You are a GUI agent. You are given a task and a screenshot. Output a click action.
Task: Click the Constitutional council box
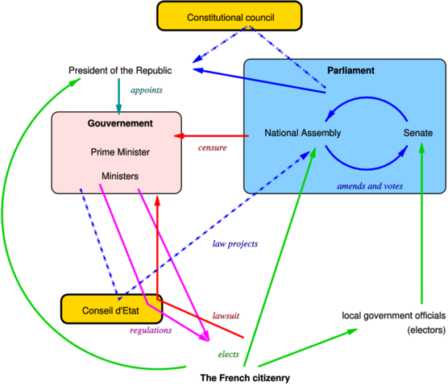[230, 17]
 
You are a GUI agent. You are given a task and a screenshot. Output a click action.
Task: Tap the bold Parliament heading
[351, 71]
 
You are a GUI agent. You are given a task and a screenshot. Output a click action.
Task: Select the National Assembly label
[303, 133]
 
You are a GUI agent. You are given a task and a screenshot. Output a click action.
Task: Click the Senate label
[418, 133]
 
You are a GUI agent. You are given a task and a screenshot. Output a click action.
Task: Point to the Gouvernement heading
[120, 123]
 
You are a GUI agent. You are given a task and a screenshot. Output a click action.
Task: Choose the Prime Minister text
[120, 151]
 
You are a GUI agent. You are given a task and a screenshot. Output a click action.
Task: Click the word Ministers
[120, 176]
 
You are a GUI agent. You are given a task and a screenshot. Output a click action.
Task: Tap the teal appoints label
[146, 89]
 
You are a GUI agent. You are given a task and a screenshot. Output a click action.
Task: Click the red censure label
[212, 148]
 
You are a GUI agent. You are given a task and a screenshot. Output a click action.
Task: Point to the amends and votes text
[370, 186]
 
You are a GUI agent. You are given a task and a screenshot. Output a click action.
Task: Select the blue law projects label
[234, 243]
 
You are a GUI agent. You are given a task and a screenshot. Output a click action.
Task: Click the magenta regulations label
[151, 330]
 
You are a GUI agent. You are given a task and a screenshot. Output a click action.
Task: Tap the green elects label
[228, 355]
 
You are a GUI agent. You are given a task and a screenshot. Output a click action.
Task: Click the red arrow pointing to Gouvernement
[211, 135]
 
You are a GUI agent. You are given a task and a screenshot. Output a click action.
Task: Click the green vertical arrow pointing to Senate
[421, 226]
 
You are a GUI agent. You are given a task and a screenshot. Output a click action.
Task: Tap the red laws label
[226, 316]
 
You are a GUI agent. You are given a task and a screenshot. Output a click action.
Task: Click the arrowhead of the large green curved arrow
[76, 81]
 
